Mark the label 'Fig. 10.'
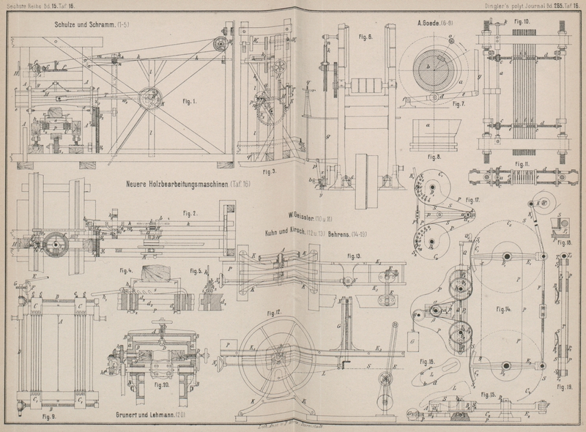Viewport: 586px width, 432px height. pos(522,22)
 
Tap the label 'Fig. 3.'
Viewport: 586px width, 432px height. pos(268,173)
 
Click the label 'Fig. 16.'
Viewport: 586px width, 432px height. pos(426,361)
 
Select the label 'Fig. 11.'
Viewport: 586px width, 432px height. pos(522,163)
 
